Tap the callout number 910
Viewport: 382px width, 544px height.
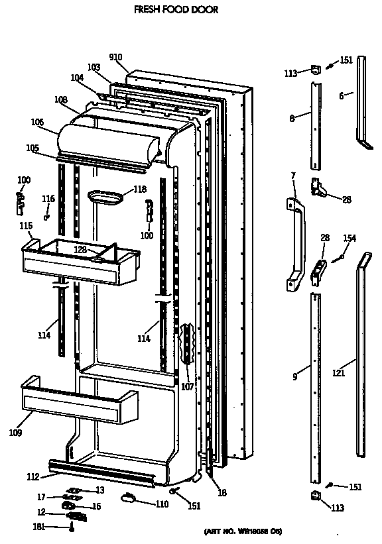coord(117,57)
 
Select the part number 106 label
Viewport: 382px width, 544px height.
coord(37,122)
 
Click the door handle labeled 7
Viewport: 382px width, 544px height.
coord(295,243)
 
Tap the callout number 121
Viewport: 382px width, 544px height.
coord(338,374)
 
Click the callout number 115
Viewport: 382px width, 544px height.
coord(26,227)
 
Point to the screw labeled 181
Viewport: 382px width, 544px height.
coord(72,527)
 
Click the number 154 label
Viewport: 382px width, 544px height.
coord(349,239)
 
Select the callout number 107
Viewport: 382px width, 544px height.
coord(188,386)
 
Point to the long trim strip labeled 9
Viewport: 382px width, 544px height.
coord(316,388)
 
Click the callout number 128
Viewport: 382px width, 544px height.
coord(80,250)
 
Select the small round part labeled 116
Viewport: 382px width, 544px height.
coord(46,217)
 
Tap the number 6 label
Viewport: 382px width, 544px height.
coord(341,96)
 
